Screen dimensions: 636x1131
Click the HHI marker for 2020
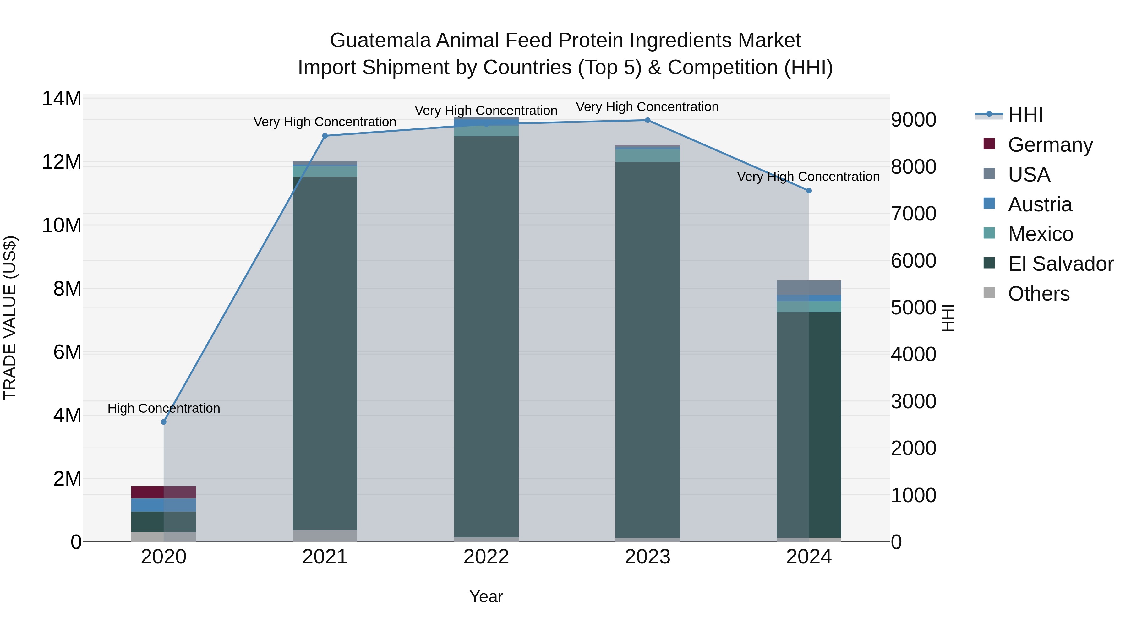tap(164, 422)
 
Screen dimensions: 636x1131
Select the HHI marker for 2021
tap(325, 136)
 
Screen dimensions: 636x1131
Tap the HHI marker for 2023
tap(647, 120)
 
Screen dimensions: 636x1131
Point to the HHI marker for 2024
tap(809, 191)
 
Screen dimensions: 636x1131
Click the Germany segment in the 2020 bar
tap(163, 492)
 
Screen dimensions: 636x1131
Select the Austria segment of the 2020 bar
tap(163, 505)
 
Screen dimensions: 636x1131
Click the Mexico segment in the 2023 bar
tap(647, 156)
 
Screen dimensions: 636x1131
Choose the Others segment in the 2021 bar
tap(325, 535)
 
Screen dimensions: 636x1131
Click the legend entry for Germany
tap(1050, 145)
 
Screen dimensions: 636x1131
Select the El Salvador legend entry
tap(1060, 264)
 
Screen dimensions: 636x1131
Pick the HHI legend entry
tap(1025, 115)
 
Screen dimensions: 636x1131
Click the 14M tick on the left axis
tap(62, 98)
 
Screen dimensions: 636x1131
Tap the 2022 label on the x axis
tap(486, 557)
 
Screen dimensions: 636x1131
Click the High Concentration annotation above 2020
tap(164, 408)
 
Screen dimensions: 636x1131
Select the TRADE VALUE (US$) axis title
tap(10, 318)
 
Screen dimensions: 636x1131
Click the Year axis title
tap(486, 596)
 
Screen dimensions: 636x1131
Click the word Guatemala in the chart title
tap(380, 41)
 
